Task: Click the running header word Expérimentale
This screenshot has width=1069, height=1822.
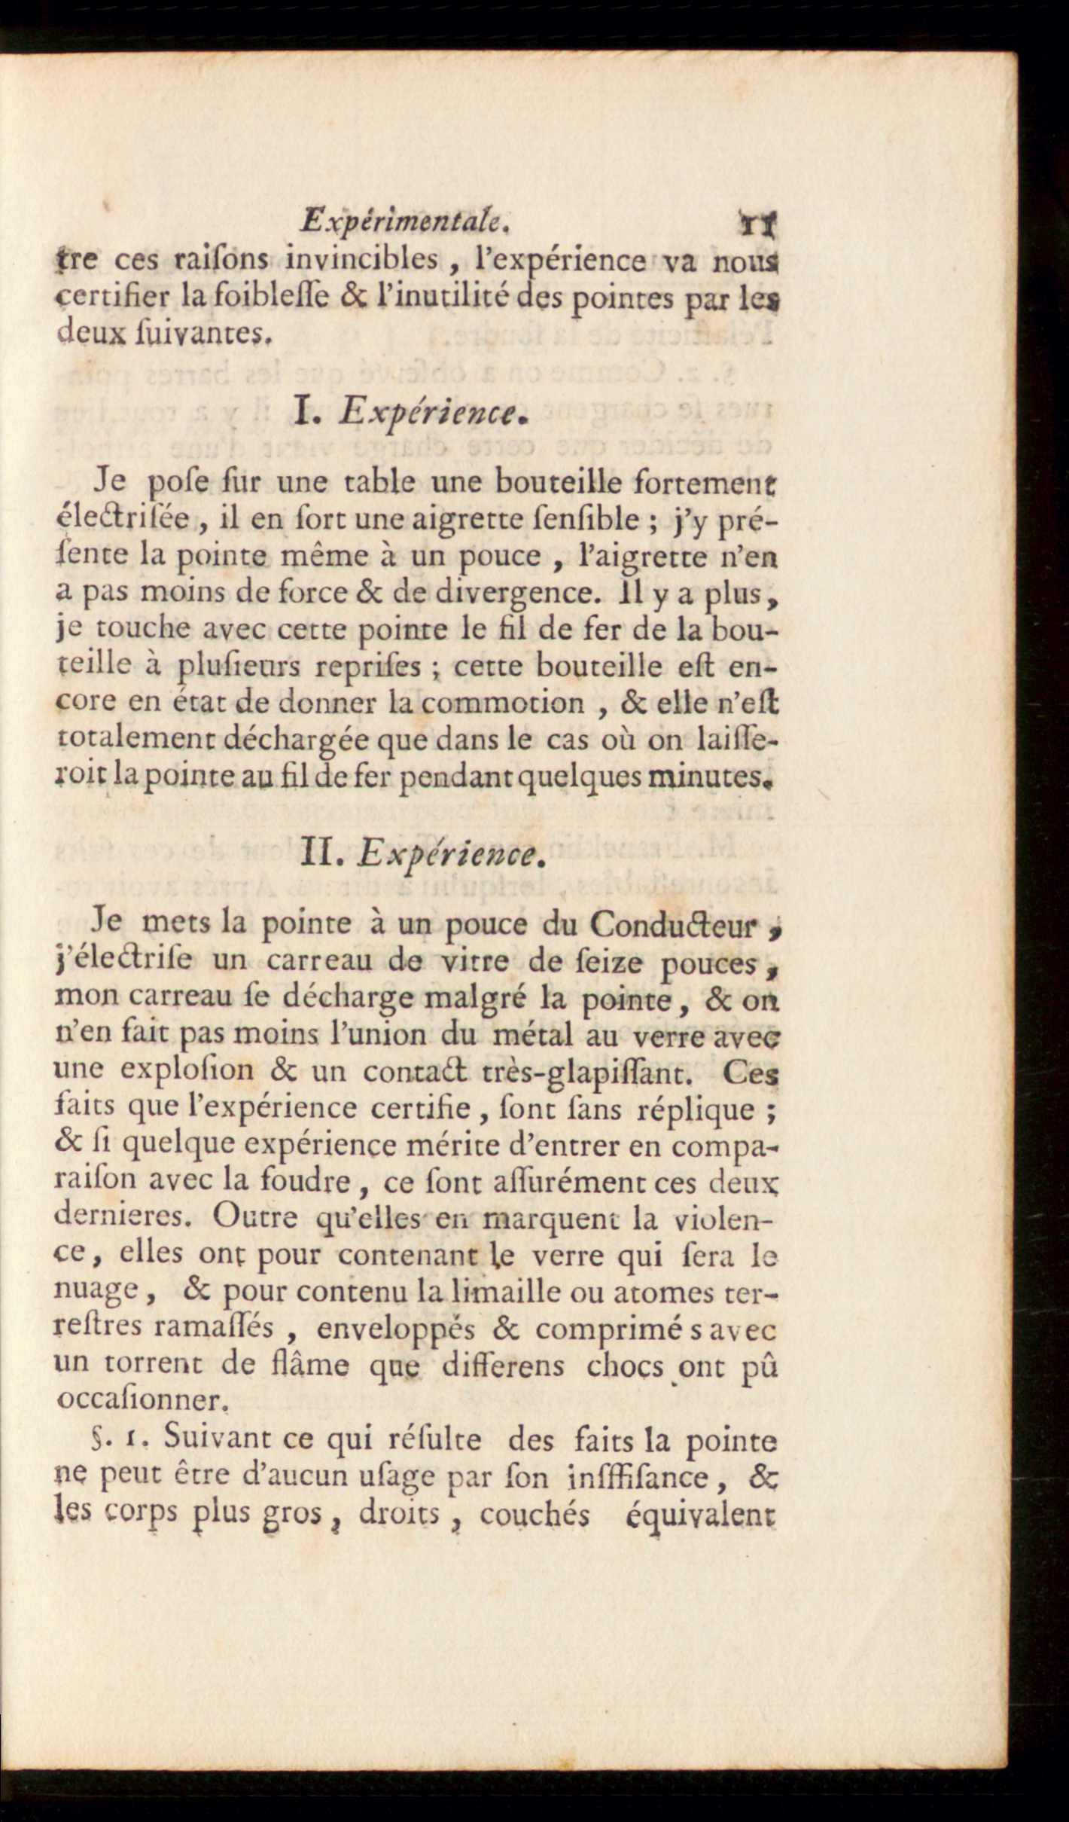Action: (406, 221)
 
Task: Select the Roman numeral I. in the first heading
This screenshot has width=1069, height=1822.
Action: (308, 411)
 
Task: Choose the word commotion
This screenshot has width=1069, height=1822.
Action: (500, 703)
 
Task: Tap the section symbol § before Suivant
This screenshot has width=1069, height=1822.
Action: (98, 1440)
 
